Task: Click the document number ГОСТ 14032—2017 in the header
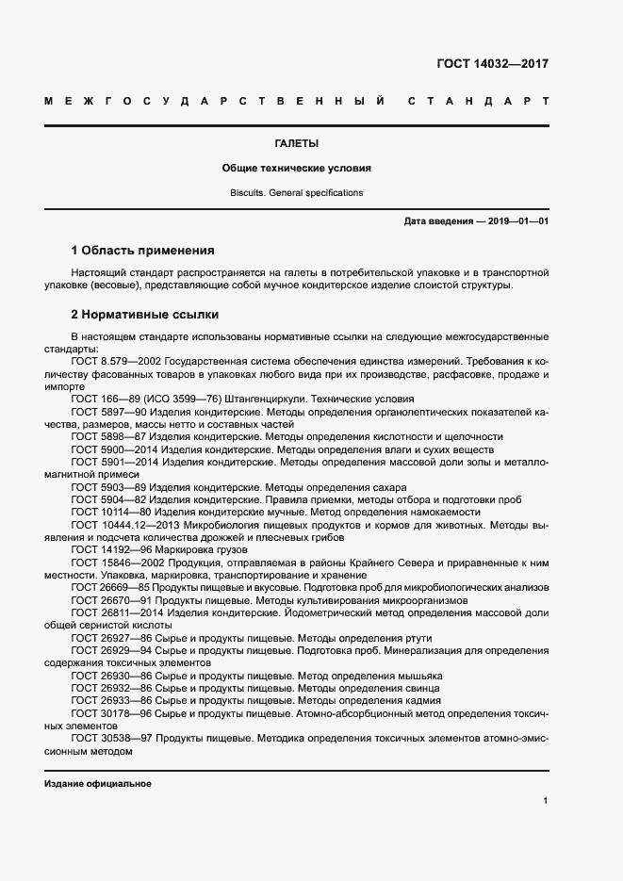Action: pos(492,64)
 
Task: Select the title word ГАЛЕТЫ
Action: pos(296,144)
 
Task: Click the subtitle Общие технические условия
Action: pos(296,169)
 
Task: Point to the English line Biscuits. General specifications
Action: pos(296,192)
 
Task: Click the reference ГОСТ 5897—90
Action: pos(106,413)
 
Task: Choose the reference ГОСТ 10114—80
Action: pos(108,512)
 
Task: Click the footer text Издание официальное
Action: pos(98,784)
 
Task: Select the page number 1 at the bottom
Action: pos(546,801)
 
